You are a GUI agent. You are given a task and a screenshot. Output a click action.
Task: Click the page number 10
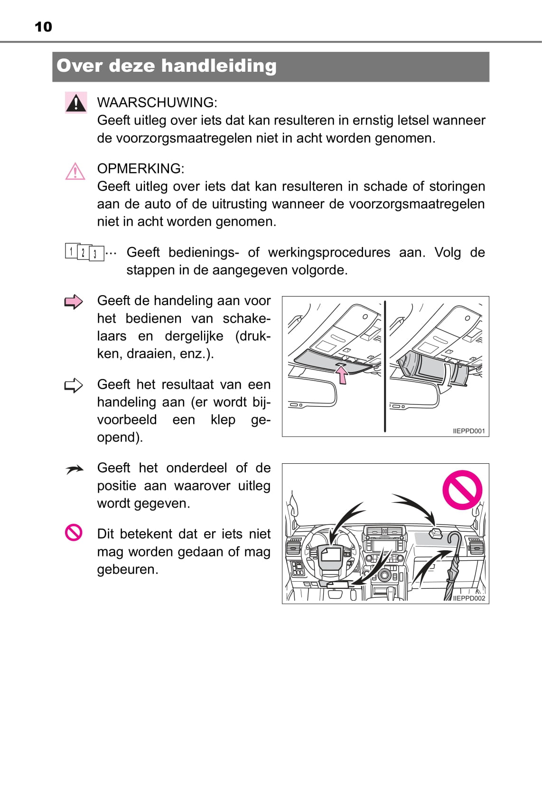[43, 27]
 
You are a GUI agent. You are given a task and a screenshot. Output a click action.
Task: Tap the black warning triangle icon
[75, 103]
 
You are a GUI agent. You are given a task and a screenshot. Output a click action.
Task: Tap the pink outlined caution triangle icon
[75, 172]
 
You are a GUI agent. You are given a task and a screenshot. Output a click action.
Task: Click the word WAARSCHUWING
[156, 103]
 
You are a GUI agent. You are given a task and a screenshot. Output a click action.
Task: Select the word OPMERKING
[140, 169]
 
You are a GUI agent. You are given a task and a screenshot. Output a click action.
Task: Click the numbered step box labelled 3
[96, 253]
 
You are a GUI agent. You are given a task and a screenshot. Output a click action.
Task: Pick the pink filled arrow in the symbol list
[74, 302]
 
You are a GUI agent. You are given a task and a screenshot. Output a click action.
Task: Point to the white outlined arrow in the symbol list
[74, 385]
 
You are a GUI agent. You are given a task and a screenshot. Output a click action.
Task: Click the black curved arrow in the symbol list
[74, 470]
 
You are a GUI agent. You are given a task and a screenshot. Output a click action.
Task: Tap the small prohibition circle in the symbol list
[74, 533]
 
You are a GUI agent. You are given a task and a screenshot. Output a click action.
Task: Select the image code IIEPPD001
[469, 431]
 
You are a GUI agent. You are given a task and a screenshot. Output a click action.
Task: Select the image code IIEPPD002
[469, 598]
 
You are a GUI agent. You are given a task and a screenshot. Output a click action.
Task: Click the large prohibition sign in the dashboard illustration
[462, 490]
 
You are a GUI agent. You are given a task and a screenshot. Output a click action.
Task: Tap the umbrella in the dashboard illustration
[452, 566]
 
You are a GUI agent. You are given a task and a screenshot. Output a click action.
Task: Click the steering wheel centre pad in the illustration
[331, 556]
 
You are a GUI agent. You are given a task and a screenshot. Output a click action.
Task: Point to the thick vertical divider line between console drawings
[385, 366]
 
